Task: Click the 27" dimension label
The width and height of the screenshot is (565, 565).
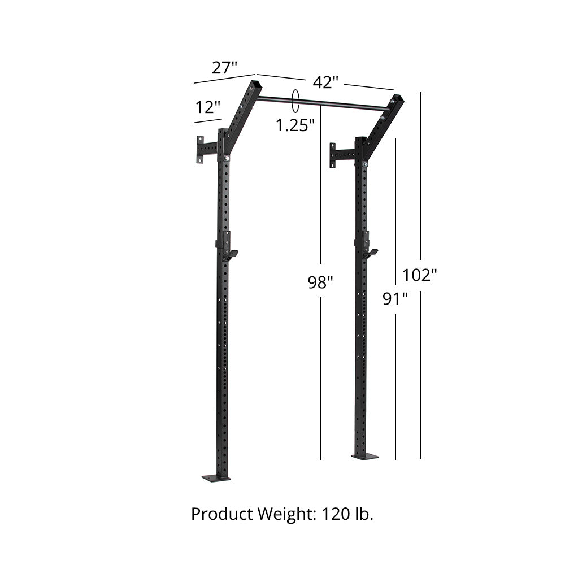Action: coord(224,68)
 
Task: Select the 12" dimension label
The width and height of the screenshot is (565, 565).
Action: coord(208,107)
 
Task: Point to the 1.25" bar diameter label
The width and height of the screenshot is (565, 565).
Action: coord(295,125)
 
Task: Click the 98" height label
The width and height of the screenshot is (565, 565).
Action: coord(320,282)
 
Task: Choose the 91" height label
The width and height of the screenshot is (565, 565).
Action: coord(395,298)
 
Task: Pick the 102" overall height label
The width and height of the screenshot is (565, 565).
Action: coord(420,275)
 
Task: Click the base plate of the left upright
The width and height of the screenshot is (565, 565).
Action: coord(216,478)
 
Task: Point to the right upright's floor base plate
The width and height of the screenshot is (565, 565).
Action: coord(364,456)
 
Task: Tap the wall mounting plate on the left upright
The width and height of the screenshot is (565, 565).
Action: coord(201,149)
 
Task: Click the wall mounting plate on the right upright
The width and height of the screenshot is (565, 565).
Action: coord(333,155)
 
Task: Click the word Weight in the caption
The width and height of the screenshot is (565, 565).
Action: coord(285,515)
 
